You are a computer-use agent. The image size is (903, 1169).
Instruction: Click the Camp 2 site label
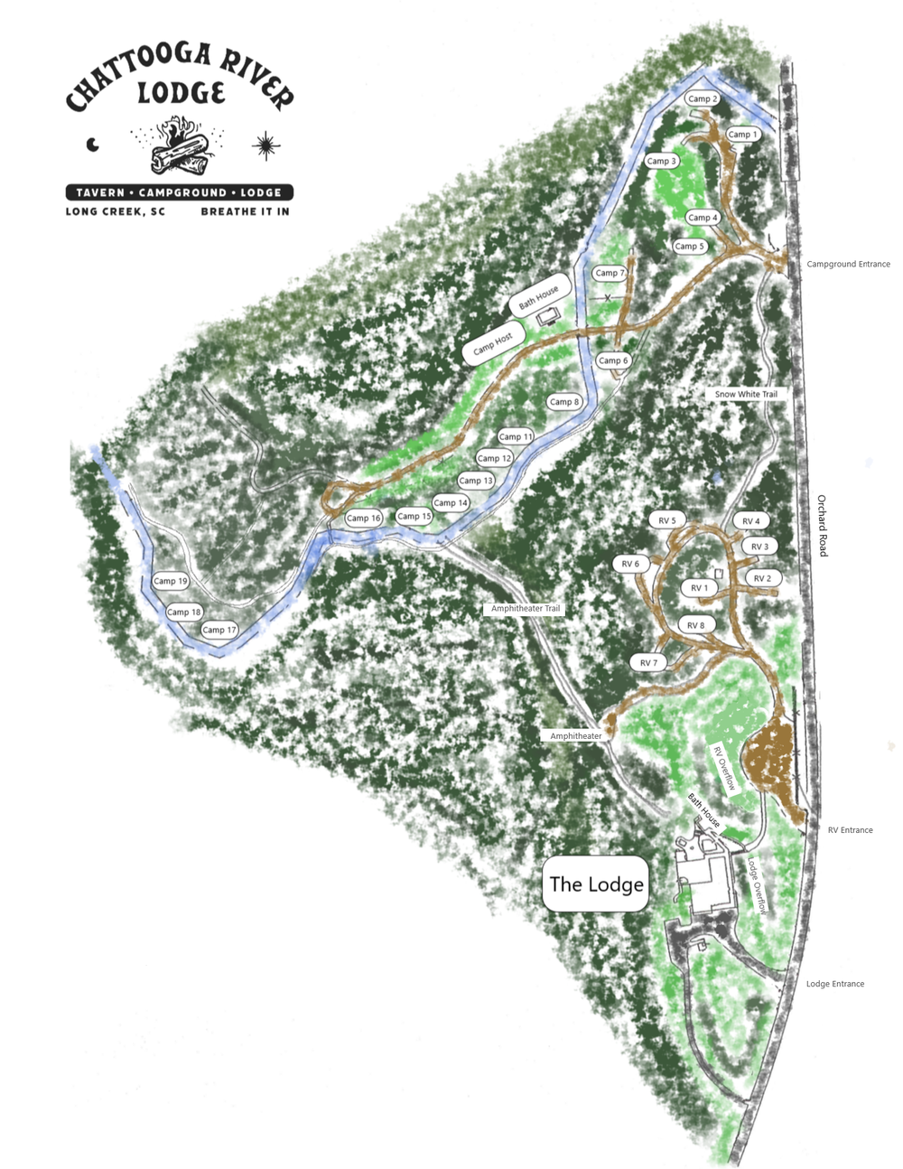click(702, 98)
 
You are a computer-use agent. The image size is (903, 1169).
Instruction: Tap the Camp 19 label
click(170, 581)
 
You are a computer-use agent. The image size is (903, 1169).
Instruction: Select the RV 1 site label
click(700, 588)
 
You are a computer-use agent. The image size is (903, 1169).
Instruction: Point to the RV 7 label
click(649, 663)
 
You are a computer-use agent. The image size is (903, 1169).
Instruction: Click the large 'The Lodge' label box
click(596, 884)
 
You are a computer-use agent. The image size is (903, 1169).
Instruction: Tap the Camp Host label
click(493, 342)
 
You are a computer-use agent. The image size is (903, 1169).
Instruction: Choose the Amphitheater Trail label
click(526, 609)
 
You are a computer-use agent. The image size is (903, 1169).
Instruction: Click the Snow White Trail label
click(746, 395)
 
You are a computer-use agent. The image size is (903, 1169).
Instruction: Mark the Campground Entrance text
click(848, 265)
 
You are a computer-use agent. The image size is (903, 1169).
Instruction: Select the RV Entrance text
click(850, 830)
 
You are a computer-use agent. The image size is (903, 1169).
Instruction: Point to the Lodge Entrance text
click(834, 984)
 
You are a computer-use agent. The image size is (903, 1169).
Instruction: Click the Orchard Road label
click(822, 526)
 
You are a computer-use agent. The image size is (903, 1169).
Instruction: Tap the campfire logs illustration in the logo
click(180, 151)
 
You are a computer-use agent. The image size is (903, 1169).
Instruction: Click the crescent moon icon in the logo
click(92, 145)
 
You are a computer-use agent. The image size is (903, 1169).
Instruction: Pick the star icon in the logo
click(265, 145)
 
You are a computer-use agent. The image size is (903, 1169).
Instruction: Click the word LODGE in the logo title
click(181, 93)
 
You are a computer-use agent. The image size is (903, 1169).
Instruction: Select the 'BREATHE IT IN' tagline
click(245, 212)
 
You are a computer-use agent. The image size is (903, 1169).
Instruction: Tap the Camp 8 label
click(564, 402)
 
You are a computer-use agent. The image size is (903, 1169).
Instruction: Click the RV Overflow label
click(723, 769)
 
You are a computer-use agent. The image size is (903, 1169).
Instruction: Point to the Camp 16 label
click(364, 519)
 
